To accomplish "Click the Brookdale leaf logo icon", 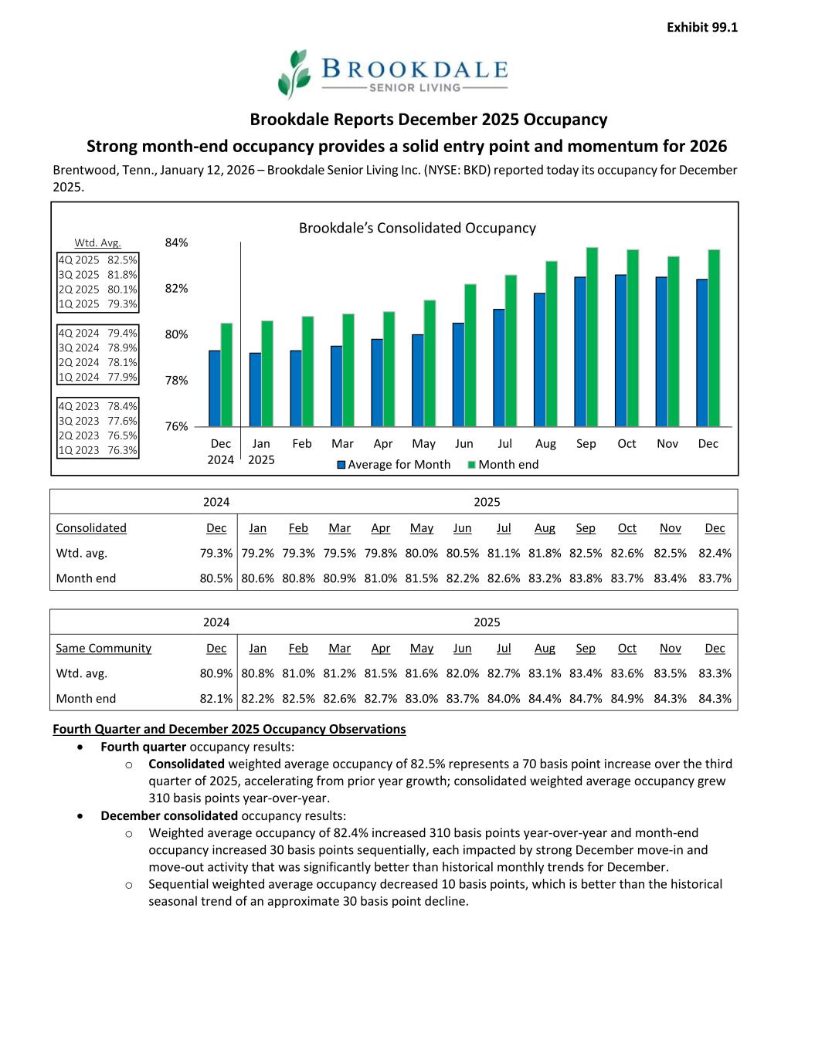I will click(294, 73).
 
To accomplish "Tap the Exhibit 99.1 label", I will click(701, 27).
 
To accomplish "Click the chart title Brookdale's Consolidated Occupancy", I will click(417, 228).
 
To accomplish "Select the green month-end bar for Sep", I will click(593, 337).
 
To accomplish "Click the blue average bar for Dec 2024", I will click(215, 388).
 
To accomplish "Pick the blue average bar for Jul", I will click(499, 368).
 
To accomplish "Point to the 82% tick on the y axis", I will click(176, 288).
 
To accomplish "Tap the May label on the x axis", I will click(423, 443).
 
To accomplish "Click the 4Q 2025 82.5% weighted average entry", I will click(98, 260).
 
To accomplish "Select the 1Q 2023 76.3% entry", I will click(98, 450).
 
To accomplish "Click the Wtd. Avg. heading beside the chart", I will click(97, 242).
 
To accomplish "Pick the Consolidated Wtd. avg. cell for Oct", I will click(627, 553).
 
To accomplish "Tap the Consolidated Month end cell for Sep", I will click(586, 578).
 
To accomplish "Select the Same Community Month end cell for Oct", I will click(627, 699).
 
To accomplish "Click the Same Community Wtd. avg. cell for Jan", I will click(257, 673).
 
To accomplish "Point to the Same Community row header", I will click(104, 648).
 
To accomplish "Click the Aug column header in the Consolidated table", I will click(545, 528).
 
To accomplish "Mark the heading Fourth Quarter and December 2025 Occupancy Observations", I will click(229, 729).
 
